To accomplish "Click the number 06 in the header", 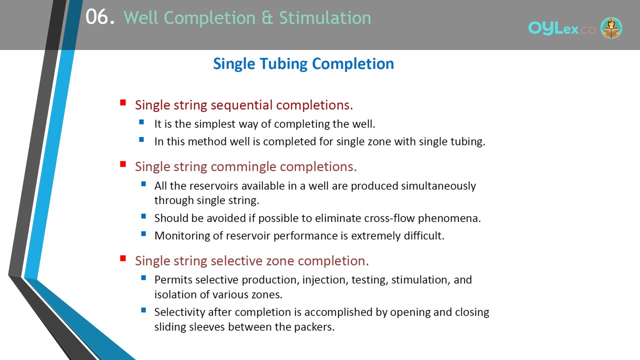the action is pos(97,17).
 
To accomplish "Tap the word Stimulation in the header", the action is pos(325,17).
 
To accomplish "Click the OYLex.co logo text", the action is pos(561,28).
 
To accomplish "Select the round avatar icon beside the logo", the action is pos(611,27).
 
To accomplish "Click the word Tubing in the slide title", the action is pos(284,64).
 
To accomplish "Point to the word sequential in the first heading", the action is pos(241,105).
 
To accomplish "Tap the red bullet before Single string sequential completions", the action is pos(123,102).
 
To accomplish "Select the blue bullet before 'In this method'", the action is pos(141,139).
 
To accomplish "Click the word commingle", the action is pos(243,167).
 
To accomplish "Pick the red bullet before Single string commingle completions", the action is pos(123,164).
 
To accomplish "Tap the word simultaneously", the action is pos(438,186).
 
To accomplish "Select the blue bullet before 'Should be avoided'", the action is pos(143,216).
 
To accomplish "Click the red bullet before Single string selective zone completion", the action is pos(123,258).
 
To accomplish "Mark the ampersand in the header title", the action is pos(267,17).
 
